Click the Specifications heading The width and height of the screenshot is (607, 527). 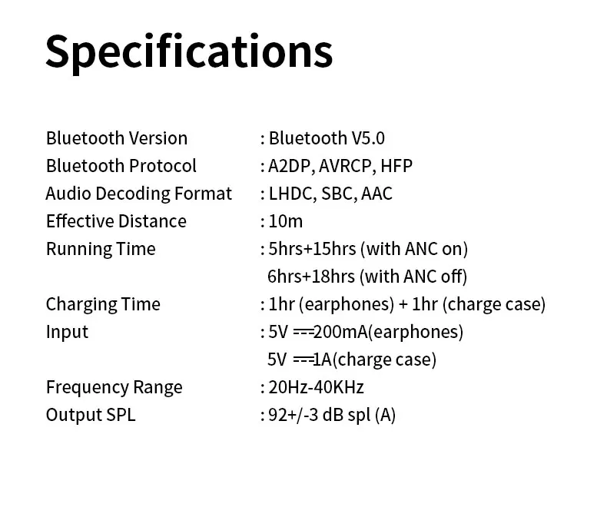pos(189,53)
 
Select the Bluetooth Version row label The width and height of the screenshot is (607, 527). pos(117,138)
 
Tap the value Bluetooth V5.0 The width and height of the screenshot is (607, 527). pos(327,138)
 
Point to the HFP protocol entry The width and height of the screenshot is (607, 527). pos(396,166)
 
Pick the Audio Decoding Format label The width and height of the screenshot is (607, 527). pos(138,194)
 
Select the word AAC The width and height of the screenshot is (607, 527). pos(376,194)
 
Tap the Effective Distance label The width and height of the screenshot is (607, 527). pos(116,221)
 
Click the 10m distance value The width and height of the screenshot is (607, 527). pos(286,221)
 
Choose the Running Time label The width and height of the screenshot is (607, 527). pos(101,249)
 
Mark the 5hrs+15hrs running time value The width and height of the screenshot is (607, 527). pos(312,249)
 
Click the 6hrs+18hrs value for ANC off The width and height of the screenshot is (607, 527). pos(311,277)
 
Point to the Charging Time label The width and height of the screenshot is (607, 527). pos(103,304)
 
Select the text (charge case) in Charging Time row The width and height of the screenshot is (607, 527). pos(494,304)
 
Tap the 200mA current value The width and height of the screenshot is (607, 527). pos(340,332)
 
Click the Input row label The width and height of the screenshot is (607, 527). pos(67,333)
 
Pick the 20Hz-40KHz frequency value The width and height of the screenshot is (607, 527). pos(317,387)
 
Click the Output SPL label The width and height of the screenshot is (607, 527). pos(91,415)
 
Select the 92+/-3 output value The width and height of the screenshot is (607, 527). pos(293,415)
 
